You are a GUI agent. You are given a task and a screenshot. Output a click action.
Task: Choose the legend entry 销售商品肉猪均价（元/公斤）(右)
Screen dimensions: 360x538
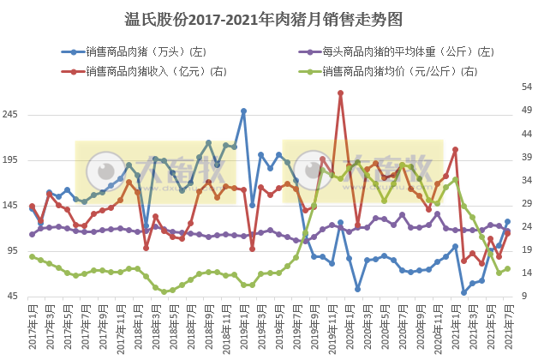403,71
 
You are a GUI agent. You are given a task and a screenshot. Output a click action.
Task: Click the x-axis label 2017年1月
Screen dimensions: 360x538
33,326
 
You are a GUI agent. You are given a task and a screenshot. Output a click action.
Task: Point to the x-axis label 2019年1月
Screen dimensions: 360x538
244,326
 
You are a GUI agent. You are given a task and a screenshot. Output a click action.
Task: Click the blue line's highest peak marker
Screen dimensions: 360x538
243,111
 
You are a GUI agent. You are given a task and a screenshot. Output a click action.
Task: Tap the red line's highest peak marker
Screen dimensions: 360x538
340,93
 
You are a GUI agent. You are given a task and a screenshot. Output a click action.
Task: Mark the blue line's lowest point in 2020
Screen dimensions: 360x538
358,289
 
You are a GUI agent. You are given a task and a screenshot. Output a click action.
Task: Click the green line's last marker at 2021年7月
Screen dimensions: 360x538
508,268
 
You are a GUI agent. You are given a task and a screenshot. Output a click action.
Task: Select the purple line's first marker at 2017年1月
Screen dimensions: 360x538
32,234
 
